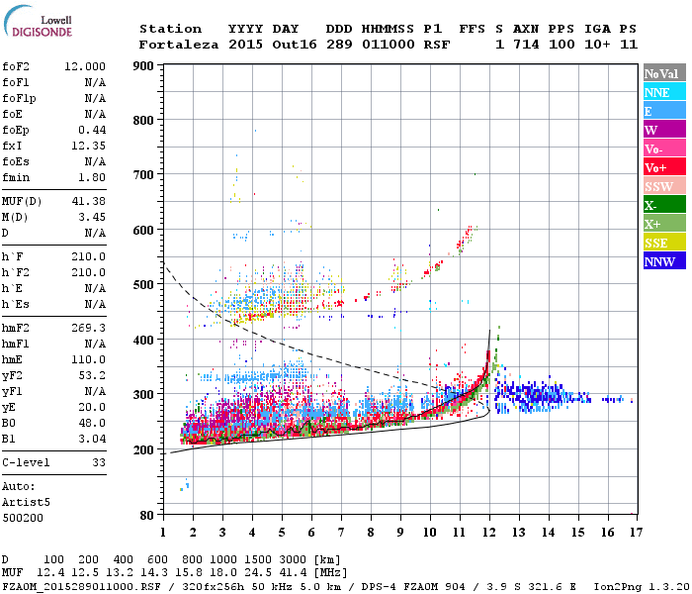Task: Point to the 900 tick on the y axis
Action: pyautogui.click(x=144, y=66)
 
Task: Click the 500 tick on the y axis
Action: pyautogui.click(x=144, y=285)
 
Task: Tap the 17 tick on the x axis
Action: pyautogui.click(x=635, y=533)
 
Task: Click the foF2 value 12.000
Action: pyautogui.click(x=85, y=65)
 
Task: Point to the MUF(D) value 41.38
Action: pyautogui.click(x=89, y=202)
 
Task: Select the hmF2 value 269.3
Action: pyautogui.click(x=89, y=327)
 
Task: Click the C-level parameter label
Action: pyautogui.click(x=28, y=462)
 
